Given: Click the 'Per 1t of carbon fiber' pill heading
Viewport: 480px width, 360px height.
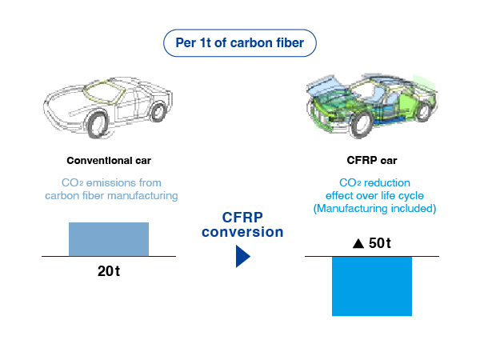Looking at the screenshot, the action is click(240, 43).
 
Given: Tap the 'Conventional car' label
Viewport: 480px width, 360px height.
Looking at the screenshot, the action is click(109, 161).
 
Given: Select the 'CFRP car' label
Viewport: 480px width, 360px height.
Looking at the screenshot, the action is click(372, 160).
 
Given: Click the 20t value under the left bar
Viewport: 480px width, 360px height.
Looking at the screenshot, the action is click(109, 271).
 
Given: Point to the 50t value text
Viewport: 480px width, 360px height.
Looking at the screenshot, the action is click(380, 243).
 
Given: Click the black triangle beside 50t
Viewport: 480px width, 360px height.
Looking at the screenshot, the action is click(358, 244).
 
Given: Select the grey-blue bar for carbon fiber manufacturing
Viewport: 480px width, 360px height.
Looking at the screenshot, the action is click(109, 239).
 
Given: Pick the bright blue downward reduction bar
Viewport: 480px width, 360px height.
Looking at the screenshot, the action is click(372, 286).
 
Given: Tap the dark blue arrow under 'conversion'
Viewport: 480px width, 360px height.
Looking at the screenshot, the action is click(243, 256).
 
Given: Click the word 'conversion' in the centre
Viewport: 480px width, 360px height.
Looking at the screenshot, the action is click(242, 232).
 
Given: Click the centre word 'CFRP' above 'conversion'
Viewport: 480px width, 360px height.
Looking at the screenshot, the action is click(242, 218).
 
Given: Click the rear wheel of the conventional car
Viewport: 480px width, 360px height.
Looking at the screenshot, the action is click(158, 112).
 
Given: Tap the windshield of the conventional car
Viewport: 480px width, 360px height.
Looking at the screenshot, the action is click(102, 90).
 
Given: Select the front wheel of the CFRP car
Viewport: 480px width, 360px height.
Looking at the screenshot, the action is click(362, 124).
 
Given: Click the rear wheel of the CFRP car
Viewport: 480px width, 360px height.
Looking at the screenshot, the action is click(423, 112).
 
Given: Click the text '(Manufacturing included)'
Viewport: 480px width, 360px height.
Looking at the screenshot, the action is click(374, 209).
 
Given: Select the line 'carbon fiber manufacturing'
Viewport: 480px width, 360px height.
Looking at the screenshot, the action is click(111, 196).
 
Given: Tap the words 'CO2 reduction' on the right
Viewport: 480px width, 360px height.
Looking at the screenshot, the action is click(374, 182).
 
